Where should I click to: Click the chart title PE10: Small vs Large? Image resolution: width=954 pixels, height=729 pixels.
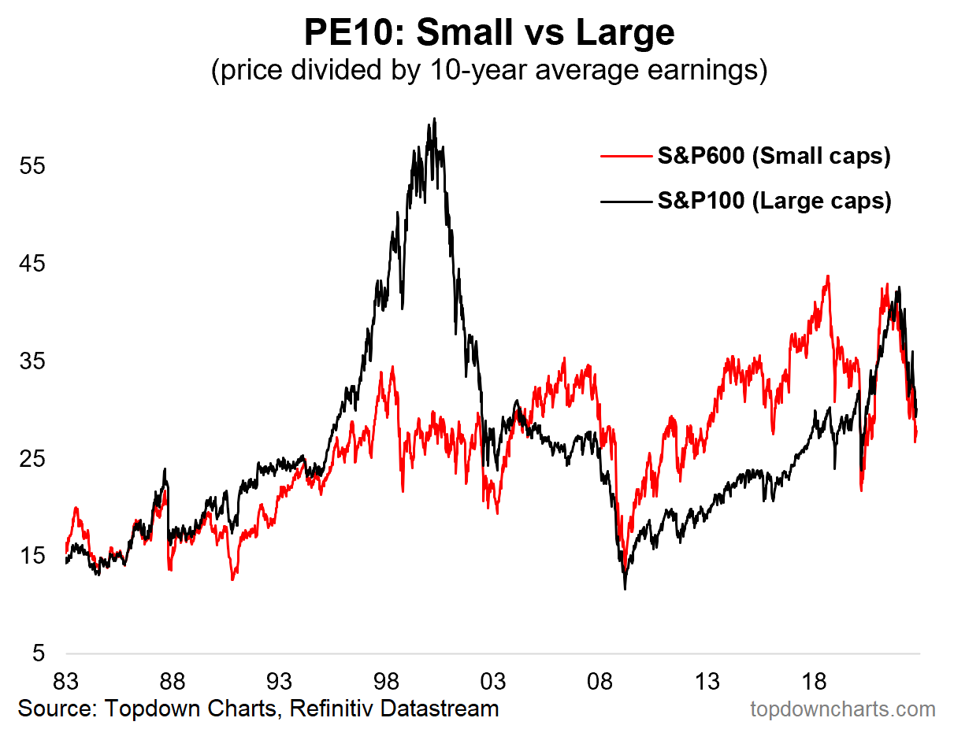tap(488, 33)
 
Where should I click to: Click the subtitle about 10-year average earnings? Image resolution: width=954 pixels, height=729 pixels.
tap(488, 71)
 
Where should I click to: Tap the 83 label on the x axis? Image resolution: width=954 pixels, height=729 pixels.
tap(66, 680)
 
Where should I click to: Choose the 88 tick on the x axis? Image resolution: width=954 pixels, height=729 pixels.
tap(173, 680)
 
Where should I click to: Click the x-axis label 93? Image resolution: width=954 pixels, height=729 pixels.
tap(280, 680)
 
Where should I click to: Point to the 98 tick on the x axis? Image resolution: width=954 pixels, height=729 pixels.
tap(387, 680)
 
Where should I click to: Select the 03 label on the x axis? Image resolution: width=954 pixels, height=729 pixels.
tap(494, 680)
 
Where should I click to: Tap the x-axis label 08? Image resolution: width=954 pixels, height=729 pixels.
tap(600, 680)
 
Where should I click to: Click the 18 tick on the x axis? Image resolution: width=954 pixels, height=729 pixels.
tap(814, 680)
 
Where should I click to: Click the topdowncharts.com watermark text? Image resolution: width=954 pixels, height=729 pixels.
tap(841, 709)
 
